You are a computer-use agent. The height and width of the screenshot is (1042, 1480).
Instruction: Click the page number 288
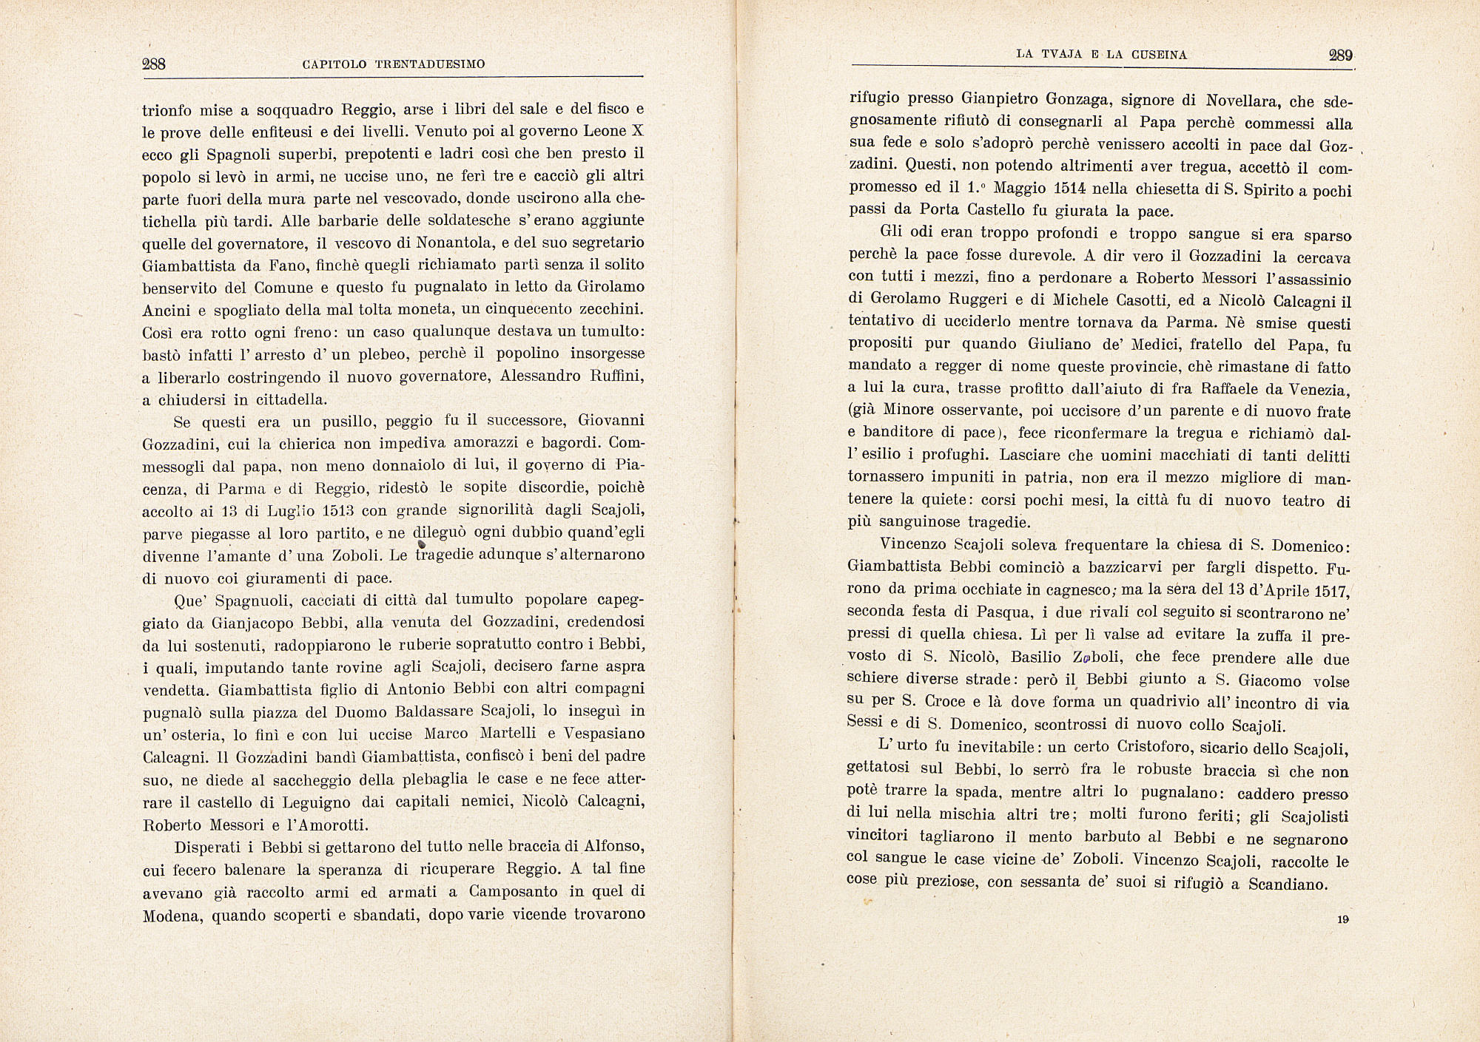coord(153,64)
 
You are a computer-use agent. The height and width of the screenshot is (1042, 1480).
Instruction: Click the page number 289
coord(1340,55)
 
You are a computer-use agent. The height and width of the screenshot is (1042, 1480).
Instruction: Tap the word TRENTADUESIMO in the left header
coord(429,64)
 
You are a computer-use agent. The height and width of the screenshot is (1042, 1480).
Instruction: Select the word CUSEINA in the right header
coord(1158,55)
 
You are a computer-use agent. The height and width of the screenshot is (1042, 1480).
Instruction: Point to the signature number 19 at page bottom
coord(1342,920)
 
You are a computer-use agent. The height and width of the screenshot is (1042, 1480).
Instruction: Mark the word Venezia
coord(1317,389)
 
